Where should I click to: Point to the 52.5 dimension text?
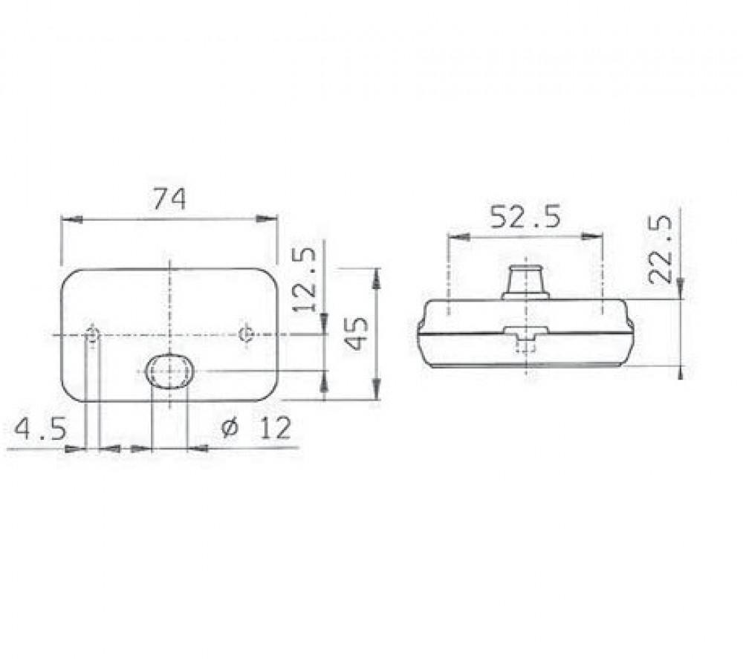pos(525,216)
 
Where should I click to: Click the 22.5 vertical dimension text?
pos(660,249)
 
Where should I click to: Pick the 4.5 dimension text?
pos(42,429)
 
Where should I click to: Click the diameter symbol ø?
pos(230,429)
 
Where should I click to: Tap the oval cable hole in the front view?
pos(169,371)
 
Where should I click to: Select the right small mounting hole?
pos(247,333)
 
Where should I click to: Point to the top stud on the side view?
pos(526,279)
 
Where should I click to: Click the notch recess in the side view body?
pos(526,334)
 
